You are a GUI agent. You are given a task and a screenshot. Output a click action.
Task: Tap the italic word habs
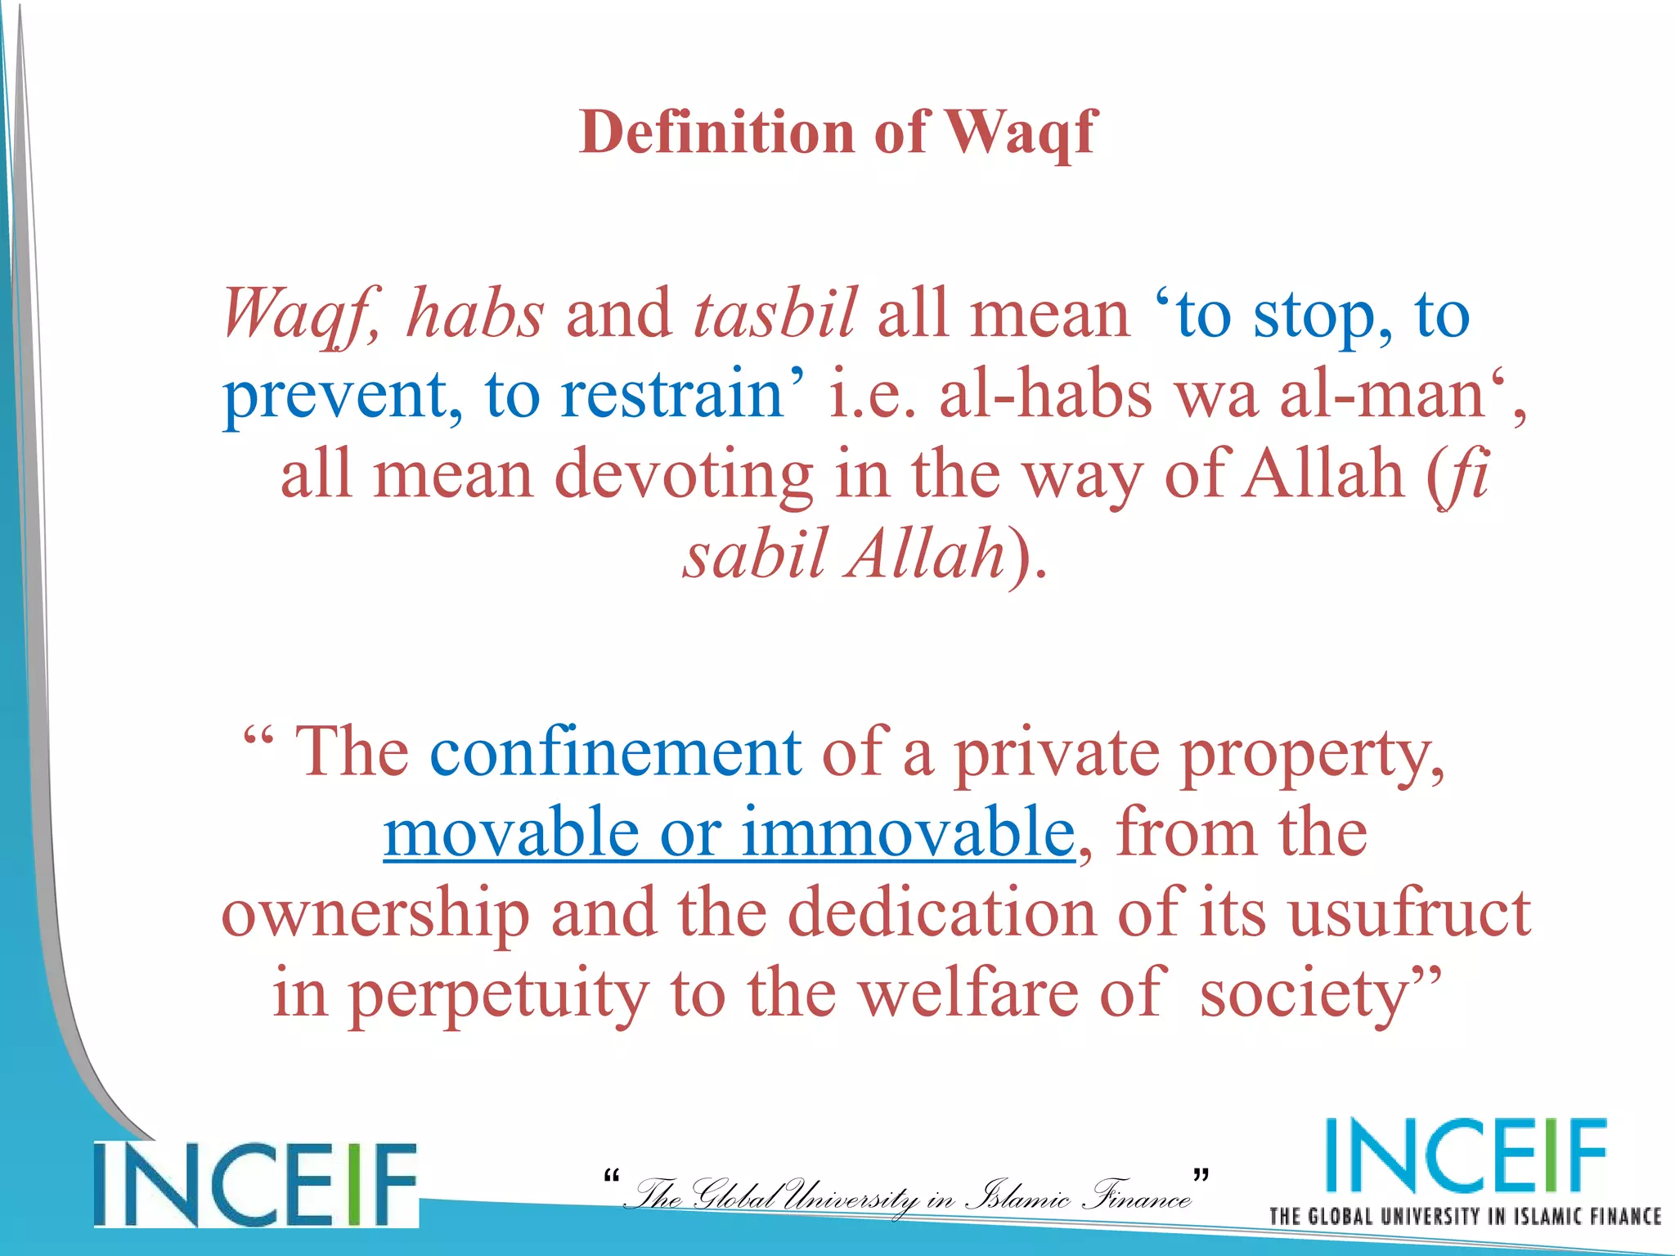[475, 314]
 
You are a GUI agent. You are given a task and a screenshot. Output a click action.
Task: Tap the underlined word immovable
[908, 832]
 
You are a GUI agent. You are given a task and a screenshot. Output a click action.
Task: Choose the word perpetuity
[499, 994]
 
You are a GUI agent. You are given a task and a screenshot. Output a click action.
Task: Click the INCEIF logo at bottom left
[255, 1185]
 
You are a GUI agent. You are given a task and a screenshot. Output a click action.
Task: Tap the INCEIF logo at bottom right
[1465, 1156]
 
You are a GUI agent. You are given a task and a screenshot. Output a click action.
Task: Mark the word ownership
[375, 914]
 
